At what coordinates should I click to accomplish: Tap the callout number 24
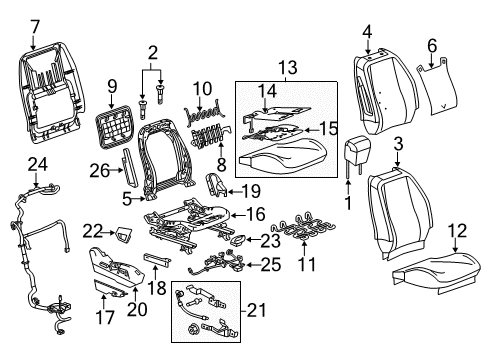pyautogui.click(x=37, y=162)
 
